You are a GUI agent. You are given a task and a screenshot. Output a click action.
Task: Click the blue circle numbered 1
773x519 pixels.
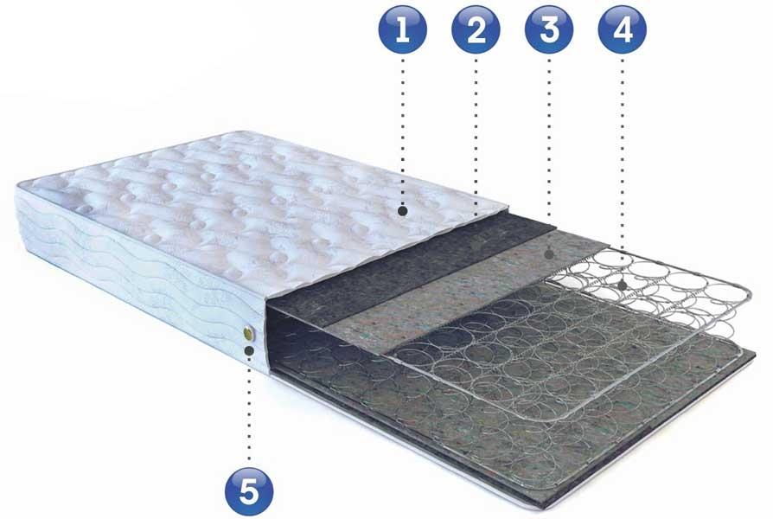403,29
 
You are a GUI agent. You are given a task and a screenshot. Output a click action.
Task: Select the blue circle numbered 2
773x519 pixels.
476,29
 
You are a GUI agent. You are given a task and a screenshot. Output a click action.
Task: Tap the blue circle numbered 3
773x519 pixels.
549,29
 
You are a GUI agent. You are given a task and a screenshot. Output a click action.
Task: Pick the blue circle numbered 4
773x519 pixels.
623,29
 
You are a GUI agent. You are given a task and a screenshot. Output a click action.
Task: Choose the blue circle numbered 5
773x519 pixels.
249,492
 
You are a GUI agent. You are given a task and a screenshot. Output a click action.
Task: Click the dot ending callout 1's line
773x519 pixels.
403,211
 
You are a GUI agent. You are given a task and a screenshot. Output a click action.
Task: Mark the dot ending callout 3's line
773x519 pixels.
549,254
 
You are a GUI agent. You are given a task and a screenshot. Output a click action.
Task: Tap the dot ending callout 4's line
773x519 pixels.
623,285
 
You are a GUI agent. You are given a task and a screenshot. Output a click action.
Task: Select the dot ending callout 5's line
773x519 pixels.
249,351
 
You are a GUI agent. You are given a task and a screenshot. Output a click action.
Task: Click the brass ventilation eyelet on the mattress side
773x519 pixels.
248,334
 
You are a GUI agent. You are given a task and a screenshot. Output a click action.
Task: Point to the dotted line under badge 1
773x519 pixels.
403,131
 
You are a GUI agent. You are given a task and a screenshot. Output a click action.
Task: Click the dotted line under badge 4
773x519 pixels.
623,168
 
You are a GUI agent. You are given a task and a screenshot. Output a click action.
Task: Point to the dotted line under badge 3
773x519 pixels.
549,153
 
